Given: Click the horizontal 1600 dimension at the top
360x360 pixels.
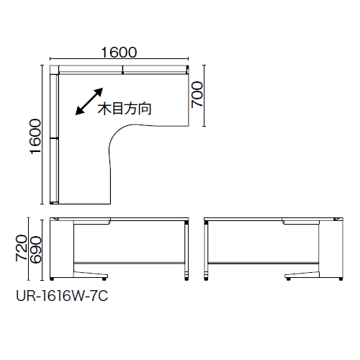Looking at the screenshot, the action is coord(119,52).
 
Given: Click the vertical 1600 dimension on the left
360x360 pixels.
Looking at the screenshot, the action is coord(35,136).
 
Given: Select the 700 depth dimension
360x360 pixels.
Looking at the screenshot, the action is coord(197,94).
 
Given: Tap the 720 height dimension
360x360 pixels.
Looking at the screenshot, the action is coord(22,248).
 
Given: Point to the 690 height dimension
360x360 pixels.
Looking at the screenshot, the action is coord(35,250).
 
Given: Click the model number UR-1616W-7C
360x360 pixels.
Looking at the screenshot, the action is coord(62,296).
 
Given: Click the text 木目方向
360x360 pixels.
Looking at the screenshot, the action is coord(125,109).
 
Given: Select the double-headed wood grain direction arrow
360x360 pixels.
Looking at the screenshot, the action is coord(89,102).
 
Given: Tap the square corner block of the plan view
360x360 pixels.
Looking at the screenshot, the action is coord(54,70).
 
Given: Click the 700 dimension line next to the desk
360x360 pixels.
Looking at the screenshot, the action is coord(204,96).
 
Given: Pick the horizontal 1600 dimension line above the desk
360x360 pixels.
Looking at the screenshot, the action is coord(119,58).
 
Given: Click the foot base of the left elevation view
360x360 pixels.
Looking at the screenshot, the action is coord(91,275).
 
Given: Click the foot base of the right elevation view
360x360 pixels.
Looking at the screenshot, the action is coord(302,275).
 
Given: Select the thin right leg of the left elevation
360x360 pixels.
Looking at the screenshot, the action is coord(186,250).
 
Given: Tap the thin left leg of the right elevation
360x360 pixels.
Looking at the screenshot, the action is coord(206,250).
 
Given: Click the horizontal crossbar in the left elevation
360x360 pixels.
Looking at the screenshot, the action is coord(129,263).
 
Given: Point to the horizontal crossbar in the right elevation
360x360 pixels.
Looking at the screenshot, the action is coord(264,263).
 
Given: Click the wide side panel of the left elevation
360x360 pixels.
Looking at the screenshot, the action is coord(61,249).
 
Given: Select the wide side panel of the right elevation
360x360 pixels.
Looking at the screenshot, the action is coord(331,249).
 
